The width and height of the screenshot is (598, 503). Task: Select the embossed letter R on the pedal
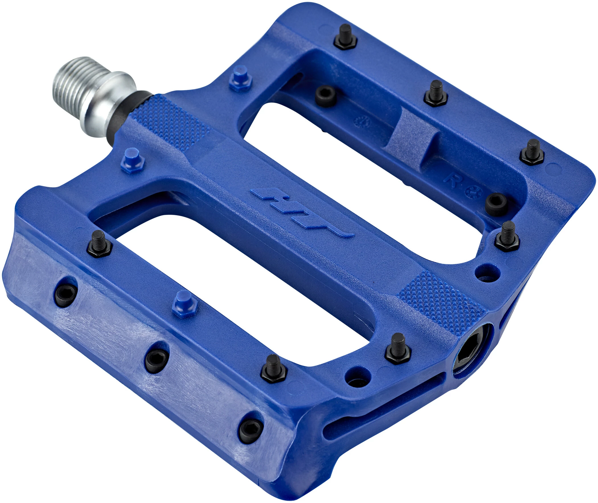pos(452,179)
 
